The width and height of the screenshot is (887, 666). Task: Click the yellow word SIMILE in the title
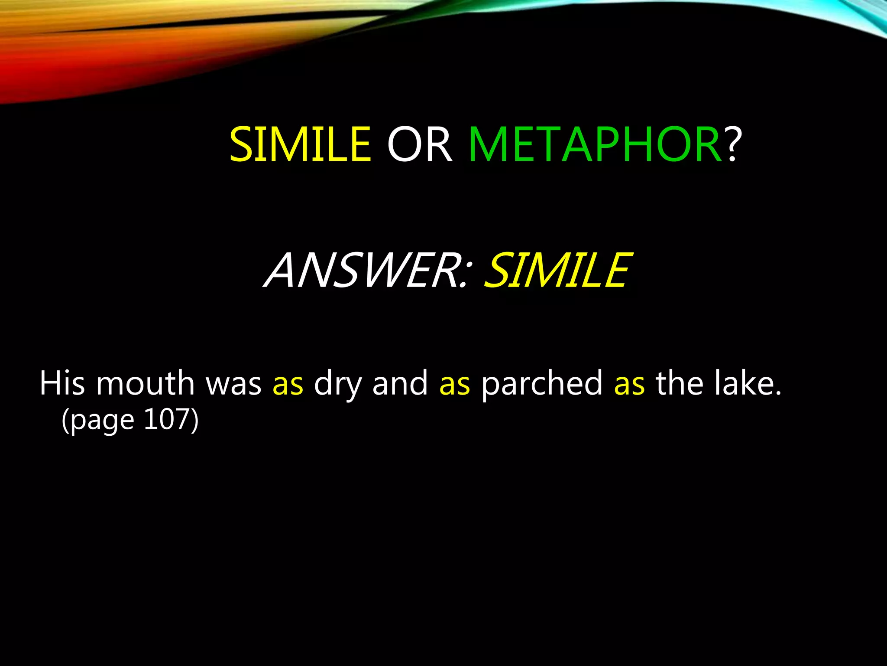300,144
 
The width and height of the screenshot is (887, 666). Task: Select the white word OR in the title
419,144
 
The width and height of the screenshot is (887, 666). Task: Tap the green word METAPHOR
595,144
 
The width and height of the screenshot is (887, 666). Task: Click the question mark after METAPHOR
732,144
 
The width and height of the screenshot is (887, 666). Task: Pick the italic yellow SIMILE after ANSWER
557,271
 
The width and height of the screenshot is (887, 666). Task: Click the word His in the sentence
62,383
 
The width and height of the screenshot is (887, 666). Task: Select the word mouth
145,383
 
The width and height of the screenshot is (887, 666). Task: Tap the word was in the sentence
233,383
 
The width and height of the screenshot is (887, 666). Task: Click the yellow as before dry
288,384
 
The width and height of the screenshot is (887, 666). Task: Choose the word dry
338,384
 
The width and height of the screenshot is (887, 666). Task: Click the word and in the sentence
400,383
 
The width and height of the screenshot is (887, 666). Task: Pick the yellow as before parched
455,384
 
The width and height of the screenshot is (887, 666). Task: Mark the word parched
542,384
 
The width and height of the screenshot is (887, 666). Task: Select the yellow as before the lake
629,384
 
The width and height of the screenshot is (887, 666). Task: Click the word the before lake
679,383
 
